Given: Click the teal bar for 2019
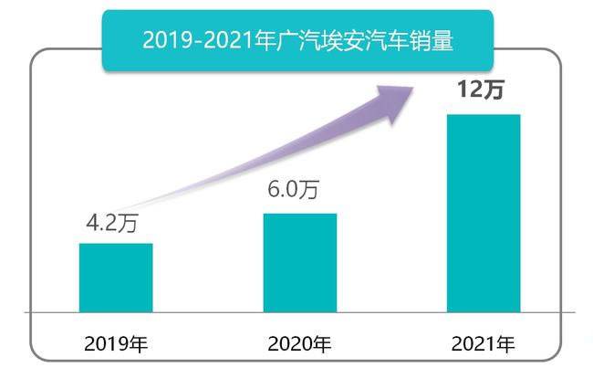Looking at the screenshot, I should tap(116, 278).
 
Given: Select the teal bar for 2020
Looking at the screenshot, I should tap(299, 263).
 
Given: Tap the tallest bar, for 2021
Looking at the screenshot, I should tap(484, 213).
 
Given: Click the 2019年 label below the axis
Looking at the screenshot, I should tap(116, 345).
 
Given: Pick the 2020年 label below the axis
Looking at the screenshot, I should tap(299, 345).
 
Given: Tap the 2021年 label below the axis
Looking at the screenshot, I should tap(484, 345).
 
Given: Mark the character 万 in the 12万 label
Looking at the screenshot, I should tap(494, 91).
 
